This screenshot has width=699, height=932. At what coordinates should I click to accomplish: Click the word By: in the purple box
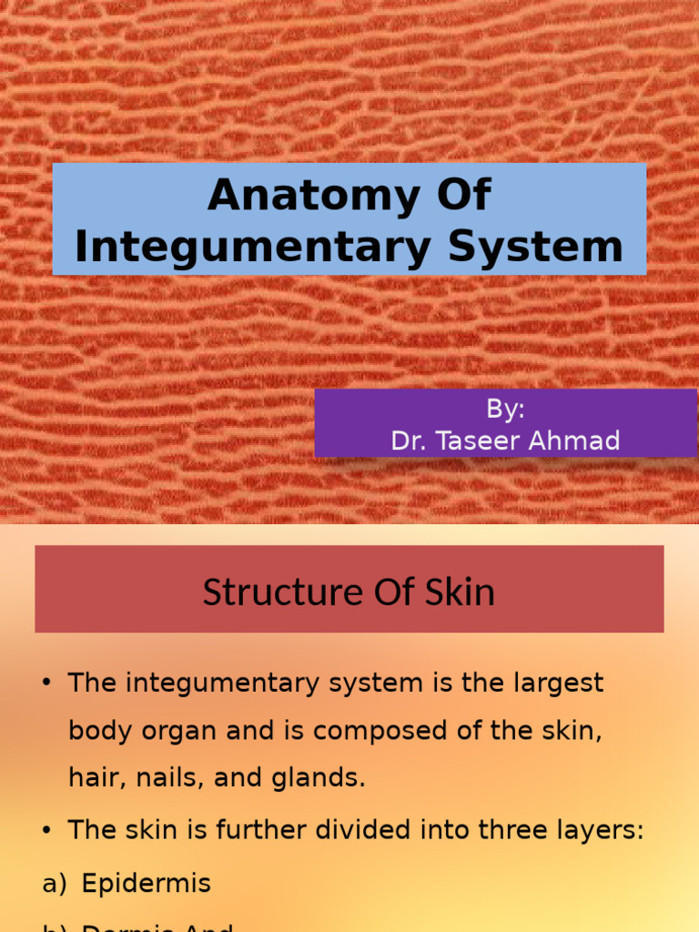505,410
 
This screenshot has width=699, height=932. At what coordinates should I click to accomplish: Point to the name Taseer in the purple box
478,441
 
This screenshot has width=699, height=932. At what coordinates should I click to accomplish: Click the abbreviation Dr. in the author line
407,441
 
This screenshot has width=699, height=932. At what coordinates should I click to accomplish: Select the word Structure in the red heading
270,593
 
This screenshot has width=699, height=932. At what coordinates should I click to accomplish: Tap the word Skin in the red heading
461,593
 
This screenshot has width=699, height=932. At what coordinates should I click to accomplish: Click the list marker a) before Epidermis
55,884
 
